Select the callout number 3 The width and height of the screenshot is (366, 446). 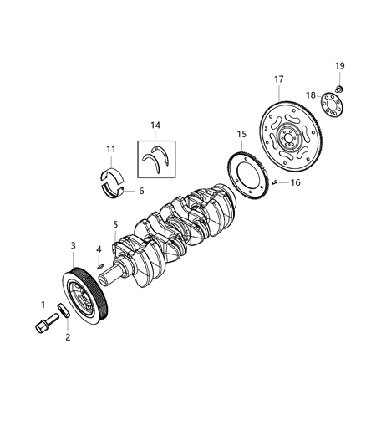point(73,245)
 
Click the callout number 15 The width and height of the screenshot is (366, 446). point(241,134)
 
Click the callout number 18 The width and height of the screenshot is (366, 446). point(311,96)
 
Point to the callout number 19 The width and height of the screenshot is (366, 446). point(339,65)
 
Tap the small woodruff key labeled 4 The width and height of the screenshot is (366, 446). point(100,266)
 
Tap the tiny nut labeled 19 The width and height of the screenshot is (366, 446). point(339,88)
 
